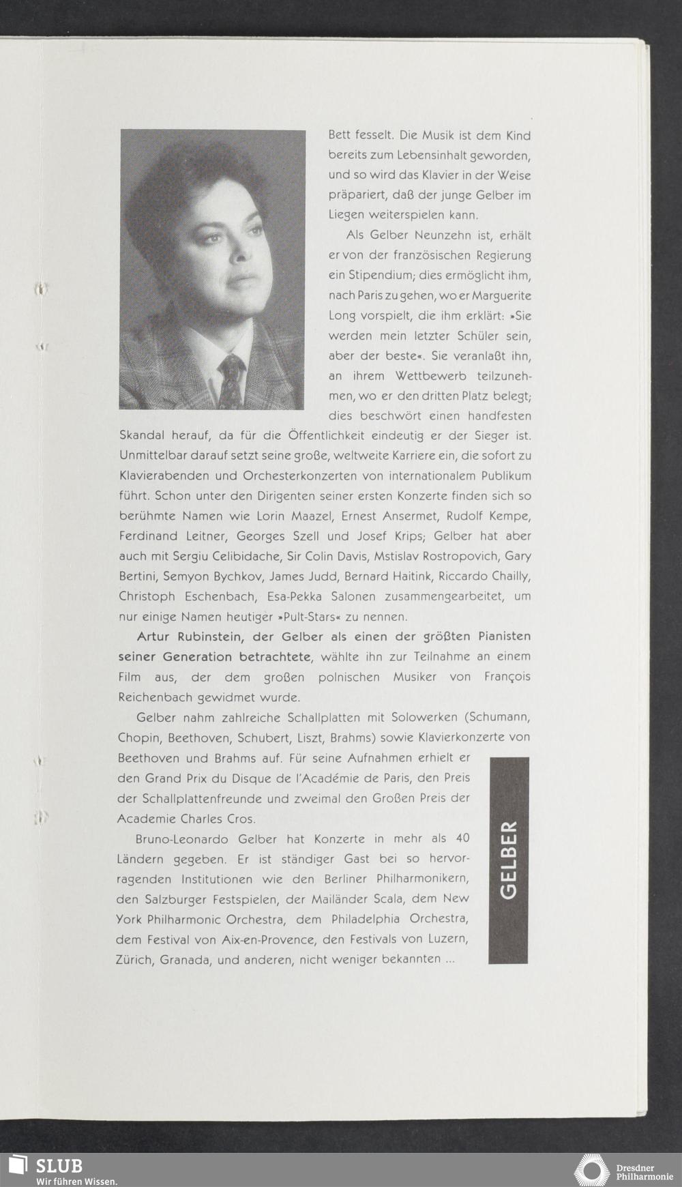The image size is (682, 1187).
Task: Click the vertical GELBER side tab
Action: point(509,860)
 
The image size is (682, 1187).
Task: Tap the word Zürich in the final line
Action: point(134,959)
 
